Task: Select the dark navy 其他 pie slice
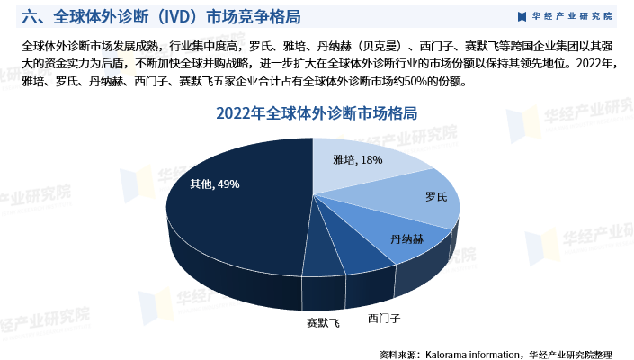pos(225,216)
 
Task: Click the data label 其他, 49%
pos(214,184)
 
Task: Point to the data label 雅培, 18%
pos(357,160)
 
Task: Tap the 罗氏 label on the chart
pos(435,197)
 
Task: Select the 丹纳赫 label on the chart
pos(407,239)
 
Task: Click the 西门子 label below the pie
pos(384,318)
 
